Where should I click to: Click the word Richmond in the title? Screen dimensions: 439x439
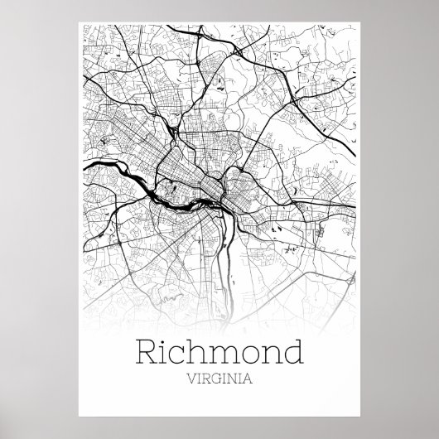pos(219,354)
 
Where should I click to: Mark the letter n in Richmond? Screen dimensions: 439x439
pos(277,357)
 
